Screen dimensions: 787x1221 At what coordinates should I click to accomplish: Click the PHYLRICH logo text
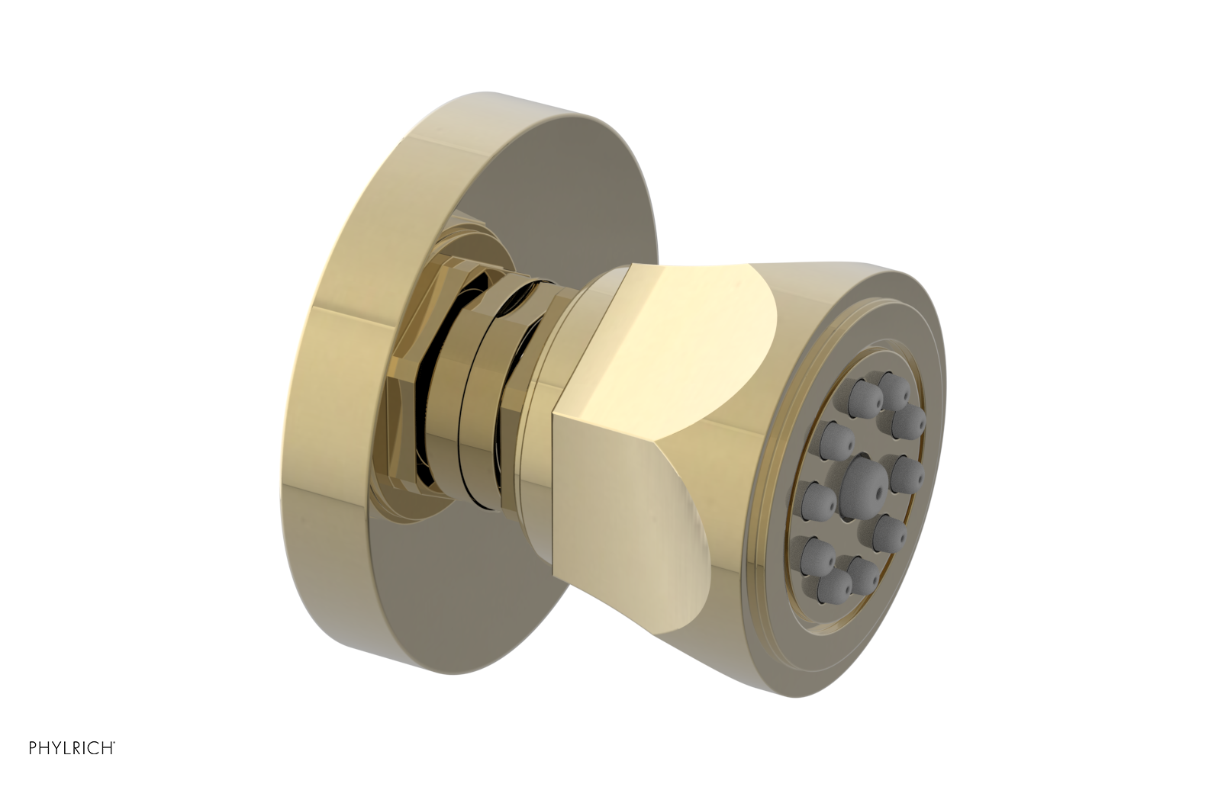pyautogui.click(x=72, y=748)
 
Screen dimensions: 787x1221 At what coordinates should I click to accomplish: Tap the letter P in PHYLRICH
pyautogui.click(x=34, y=748)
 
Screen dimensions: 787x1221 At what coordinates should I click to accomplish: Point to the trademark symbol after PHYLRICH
pyautogui.click(x=114, y=744)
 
